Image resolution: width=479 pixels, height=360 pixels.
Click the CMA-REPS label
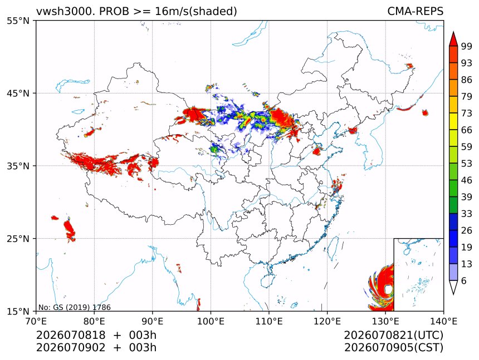(x=415, y=11)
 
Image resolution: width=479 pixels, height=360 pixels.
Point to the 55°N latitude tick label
(x=18, y=21)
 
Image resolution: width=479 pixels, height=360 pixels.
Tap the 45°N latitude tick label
(x=18, y=93)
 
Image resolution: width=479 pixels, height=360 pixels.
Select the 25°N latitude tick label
(x=18, y=239)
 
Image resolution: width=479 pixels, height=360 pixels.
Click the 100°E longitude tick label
(x=211, y=321)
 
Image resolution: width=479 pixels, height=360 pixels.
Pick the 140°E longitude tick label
(x=443, y=321)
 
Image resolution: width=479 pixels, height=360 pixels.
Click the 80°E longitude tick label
(x=94, y=321)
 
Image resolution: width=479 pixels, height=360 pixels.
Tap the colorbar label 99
(x=467, y=46)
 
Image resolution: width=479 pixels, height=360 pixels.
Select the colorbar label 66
(x=467, y=130)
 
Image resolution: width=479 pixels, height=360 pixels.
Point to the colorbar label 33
(x=467, y=214)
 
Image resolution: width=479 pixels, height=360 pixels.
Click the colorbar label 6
(x=464, y=280)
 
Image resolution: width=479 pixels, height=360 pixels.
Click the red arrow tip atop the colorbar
(x=453, y=32)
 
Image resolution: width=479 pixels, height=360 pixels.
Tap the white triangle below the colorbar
(x=453, y=287)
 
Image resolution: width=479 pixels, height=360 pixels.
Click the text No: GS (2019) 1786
(x=74, y=307)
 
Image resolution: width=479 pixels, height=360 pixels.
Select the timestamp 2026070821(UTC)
(x=393, y=335)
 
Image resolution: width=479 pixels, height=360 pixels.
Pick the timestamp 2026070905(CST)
(x=393, y=348)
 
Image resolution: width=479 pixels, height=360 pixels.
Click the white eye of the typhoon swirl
(x=388, y=289)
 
